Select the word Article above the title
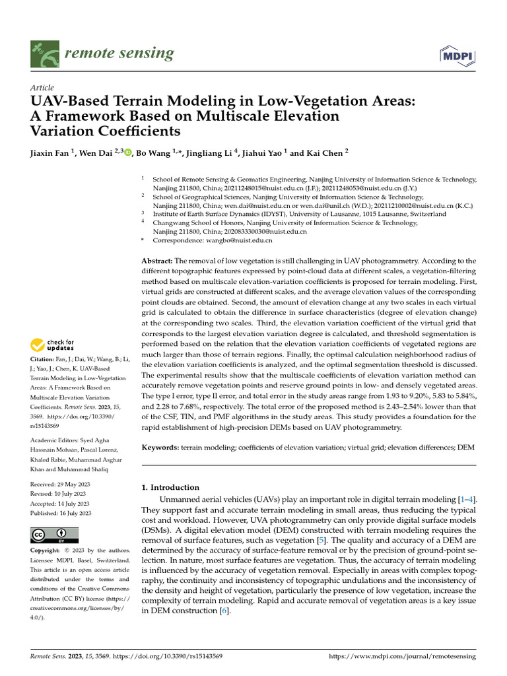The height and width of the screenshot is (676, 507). [42, 88]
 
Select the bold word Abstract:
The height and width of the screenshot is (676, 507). [158, 262]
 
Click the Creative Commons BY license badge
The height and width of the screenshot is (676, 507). [54, 535]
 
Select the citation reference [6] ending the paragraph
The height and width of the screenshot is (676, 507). [224, 611]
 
